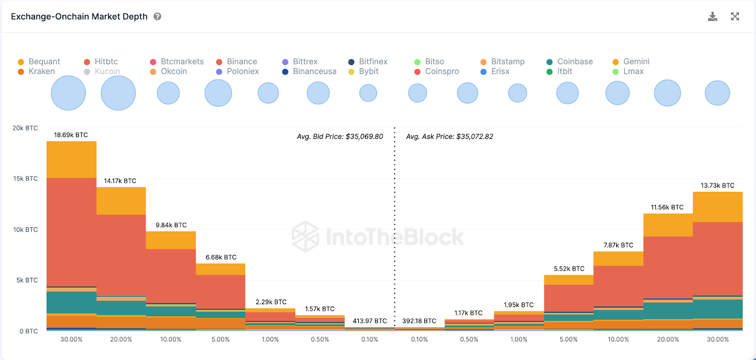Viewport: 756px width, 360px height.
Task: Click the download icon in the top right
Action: [x=713, y=17]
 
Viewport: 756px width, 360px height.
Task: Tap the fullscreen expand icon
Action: [x=735, y=17]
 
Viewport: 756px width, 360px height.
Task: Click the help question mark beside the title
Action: [x=158, y=17]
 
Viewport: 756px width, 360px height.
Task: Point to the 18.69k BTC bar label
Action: [x=71, y=135]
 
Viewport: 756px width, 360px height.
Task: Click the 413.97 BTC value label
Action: [x=369, y=321]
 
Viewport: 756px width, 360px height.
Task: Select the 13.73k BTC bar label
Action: [x=717, y=186]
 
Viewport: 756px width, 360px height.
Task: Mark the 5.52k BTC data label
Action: [x=569, y=269]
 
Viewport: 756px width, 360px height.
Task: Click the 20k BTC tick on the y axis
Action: [x=25, y=128]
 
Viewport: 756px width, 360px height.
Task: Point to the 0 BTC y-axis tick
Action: [x=28, y=331]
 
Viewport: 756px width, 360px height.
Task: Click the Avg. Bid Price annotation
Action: [x=340, y=137]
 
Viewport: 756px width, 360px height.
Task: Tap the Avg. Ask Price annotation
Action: [x=449, y=137]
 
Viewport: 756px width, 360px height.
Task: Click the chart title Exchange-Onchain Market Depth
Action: [x=79, y=17]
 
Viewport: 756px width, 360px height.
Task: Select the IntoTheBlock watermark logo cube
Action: [x=305, y=236]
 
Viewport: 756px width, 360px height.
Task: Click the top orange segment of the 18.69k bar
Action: [x=71, y=160]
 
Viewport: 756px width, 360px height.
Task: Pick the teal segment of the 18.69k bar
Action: [x=71, y=302]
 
